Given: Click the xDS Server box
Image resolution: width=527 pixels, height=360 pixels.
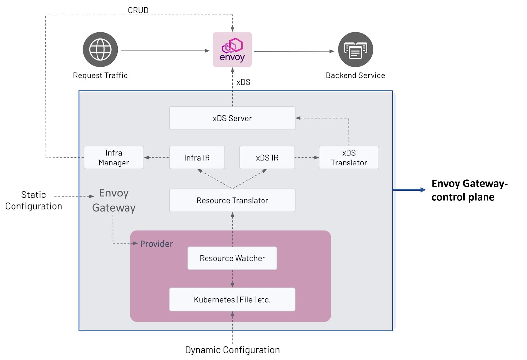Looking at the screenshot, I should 232,118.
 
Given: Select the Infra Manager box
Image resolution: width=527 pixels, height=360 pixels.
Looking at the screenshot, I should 114,158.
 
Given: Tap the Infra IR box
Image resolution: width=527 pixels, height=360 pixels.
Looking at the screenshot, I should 197,158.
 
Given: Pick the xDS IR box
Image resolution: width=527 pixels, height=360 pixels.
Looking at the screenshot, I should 267,158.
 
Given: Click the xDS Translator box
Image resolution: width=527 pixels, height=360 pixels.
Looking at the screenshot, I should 349,158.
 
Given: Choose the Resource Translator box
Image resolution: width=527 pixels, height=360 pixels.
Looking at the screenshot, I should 232,200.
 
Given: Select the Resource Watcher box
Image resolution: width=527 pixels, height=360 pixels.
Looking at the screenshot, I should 232,258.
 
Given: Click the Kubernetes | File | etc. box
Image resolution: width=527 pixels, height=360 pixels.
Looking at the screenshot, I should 232,299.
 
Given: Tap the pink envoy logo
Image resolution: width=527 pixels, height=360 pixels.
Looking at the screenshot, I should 232,49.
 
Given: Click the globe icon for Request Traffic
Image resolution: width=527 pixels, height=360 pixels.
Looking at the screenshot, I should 100,49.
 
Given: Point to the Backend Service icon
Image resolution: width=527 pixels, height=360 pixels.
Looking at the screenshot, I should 355,49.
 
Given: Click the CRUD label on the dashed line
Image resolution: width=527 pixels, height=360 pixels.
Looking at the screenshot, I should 138,10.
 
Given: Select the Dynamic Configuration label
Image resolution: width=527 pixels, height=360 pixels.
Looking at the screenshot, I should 232,350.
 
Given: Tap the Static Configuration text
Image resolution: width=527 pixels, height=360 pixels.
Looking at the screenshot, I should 34,200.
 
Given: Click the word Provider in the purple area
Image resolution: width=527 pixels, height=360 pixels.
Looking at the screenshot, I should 156,244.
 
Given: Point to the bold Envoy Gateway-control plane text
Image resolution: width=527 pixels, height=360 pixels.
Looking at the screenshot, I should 469,190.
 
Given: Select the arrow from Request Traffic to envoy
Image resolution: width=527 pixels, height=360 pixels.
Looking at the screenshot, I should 165,51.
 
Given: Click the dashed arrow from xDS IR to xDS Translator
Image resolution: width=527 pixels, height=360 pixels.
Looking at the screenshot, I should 307,158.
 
